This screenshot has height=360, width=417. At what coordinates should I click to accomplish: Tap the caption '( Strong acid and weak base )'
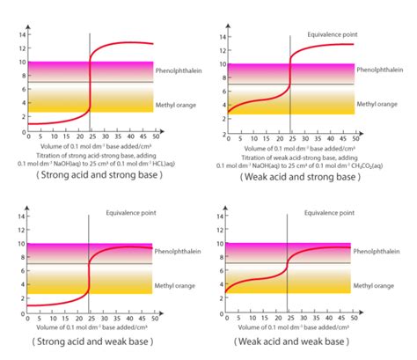tap(91, 340)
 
